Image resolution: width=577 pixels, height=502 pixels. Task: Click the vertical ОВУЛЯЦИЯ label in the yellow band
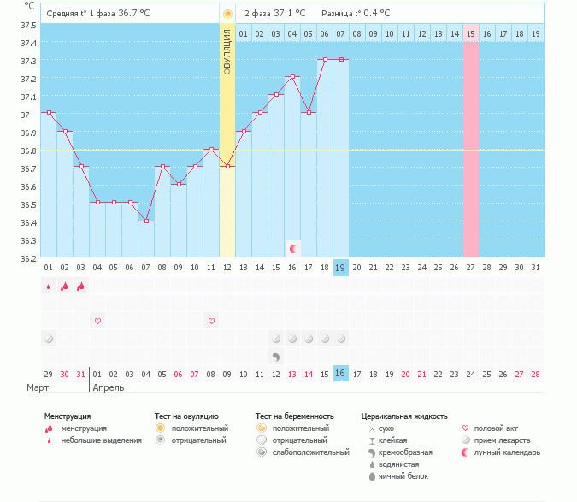click(227, 51)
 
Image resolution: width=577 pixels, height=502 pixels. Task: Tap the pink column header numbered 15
click(470, 33)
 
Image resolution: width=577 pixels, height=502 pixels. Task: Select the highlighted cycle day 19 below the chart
click(340, 268)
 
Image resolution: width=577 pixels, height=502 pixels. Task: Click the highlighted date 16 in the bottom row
click(340, 374)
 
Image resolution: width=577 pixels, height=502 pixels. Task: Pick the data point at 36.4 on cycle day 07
click(146, 221)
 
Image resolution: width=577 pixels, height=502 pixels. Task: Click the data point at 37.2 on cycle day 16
click(292, 76)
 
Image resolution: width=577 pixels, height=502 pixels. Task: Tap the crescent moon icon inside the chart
click(293, 248)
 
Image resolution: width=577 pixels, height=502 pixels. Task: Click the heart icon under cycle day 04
click(97, 321)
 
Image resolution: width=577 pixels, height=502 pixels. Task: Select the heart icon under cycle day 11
click(211, 321)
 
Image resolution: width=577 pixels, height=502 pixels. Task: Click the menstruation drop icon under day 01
click(49, 286)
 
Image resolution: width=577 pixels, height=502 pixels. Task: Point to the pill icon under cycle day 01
click(49, 339)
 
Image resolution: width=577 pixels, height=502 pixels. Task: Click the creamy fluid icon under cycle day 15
click(276, 356)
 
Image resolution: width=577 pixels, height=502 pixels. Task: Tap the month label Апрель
click(108, 387)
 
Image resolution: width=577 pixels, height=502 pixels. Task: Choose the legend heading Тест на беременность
click(294, 416)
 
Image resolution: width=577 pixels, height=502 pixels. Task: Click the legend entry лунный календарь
click(507, 452)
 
